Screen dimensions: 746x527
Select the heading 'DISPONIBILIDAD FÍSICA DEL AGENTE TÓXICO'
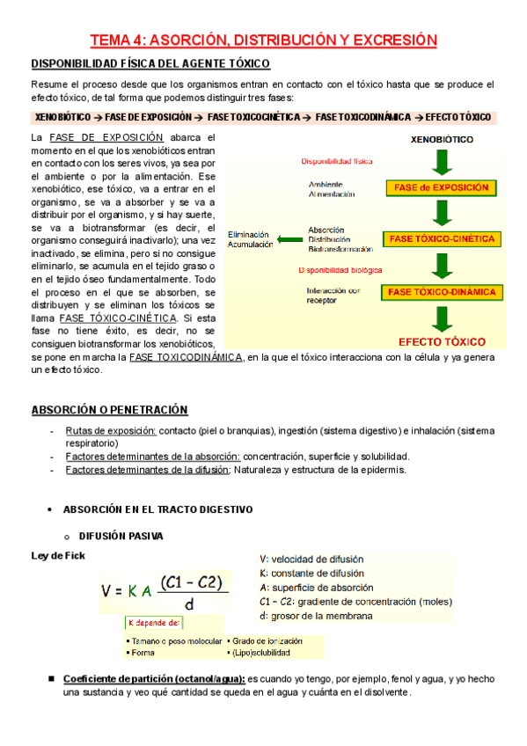(x=150, y=63)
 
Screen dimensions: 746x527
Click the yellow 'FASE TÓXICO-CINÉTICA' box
(x=441, y=238)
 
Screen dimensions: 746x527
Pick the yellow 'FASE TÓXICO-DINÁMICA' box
(x=441, y=291)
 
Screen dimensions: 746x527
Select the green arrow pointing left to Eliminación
(x=288, y=238)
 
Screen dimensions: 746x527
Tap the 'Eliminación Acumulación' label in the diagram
(x=250, y=239)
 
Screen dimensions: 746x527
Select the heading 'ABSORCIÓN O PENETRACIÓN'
(x=109, y=410)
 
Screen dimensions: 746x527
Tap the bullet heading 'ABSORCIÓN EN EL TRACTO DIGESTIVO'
(x=157, y=509)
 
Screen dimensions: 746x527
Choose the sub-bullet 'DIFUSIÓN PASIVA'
(x=121, y=535)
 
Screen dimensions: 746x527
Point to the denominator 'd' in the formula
(x=189, y=605)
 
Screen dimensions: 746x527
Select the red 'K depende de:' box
(x=155, y=623)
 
